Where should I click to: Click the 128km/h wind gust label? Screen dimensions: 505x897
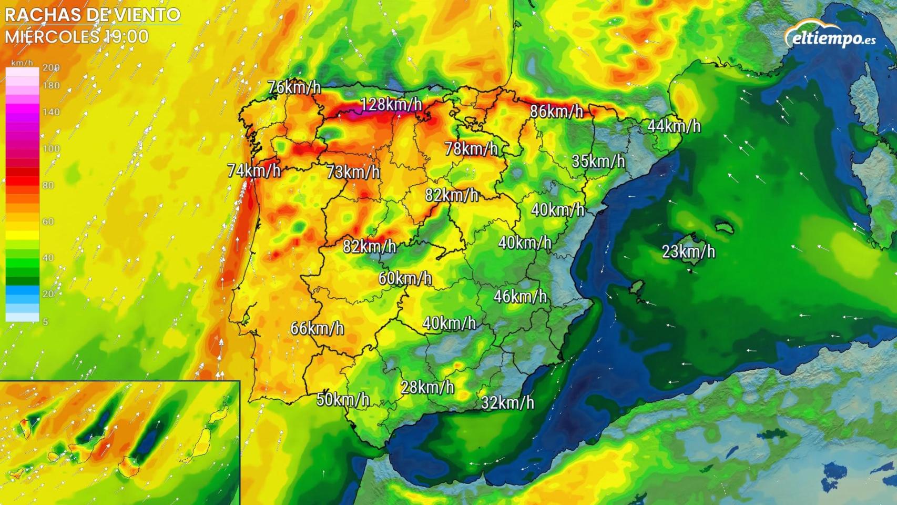pyautogui.click(x=391, y=104)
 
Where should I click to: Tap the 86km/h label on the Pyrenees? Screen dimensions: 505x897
pyautogui.click(x=557, y=111)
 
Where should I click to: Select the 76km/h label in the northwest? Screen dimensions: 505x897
pyautogui.click(x=294, y=87)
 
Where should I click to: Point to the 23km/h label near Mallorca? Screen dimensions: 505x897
pyautogui.click(x=688, y=251)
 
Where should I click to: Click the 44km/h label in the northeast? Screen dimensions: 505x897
pyautogui.click(x=674, y=126)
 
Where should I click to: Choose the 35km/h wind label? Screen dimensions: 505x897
pyautogui.click(x=598, y=161)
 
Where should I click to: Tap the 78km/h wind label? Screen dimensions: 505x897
pyautogui.click(x=471, y=148)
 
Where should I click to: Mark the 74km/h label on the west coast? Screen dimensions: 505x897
pyautogui.click(x=254, y=170)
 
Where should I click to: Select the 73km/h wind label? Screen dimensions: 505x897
pyautogui.click(x=353, y=171)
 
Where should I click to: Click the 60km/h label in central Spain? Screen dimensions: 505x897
pyautogui.click(x=405, y=278)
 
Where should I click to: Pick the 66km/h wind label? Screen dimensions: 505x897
pyautogui.click(x=317, y=328)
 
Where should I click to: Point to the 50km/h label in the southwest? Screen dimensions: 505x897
pyautogui.click(x=343, y=399)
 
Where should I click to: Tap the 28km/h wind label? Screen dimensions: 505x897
pyautogui.click(x=427, y=387)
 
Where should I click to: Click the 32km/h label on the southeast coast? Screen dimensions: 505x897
pyautogui.click(x=507, y=402)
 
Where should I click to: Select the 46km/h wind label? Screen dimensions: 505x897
pyautogui.click(x=520, y=296)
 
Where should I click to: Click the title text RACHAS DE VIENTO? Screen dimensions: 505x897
pyautogui.click(x=93, y=15)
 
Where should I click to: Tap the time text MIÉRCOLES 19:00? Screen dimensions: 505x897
pyautogui.click(x=77, y=36)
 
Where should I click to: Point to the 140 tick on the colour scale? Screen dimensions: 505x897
pyautogui.click(x=52, y=112)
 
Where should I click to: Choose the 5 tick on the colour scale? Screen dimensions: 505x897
pyautogui.click(x=45, y=321)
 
